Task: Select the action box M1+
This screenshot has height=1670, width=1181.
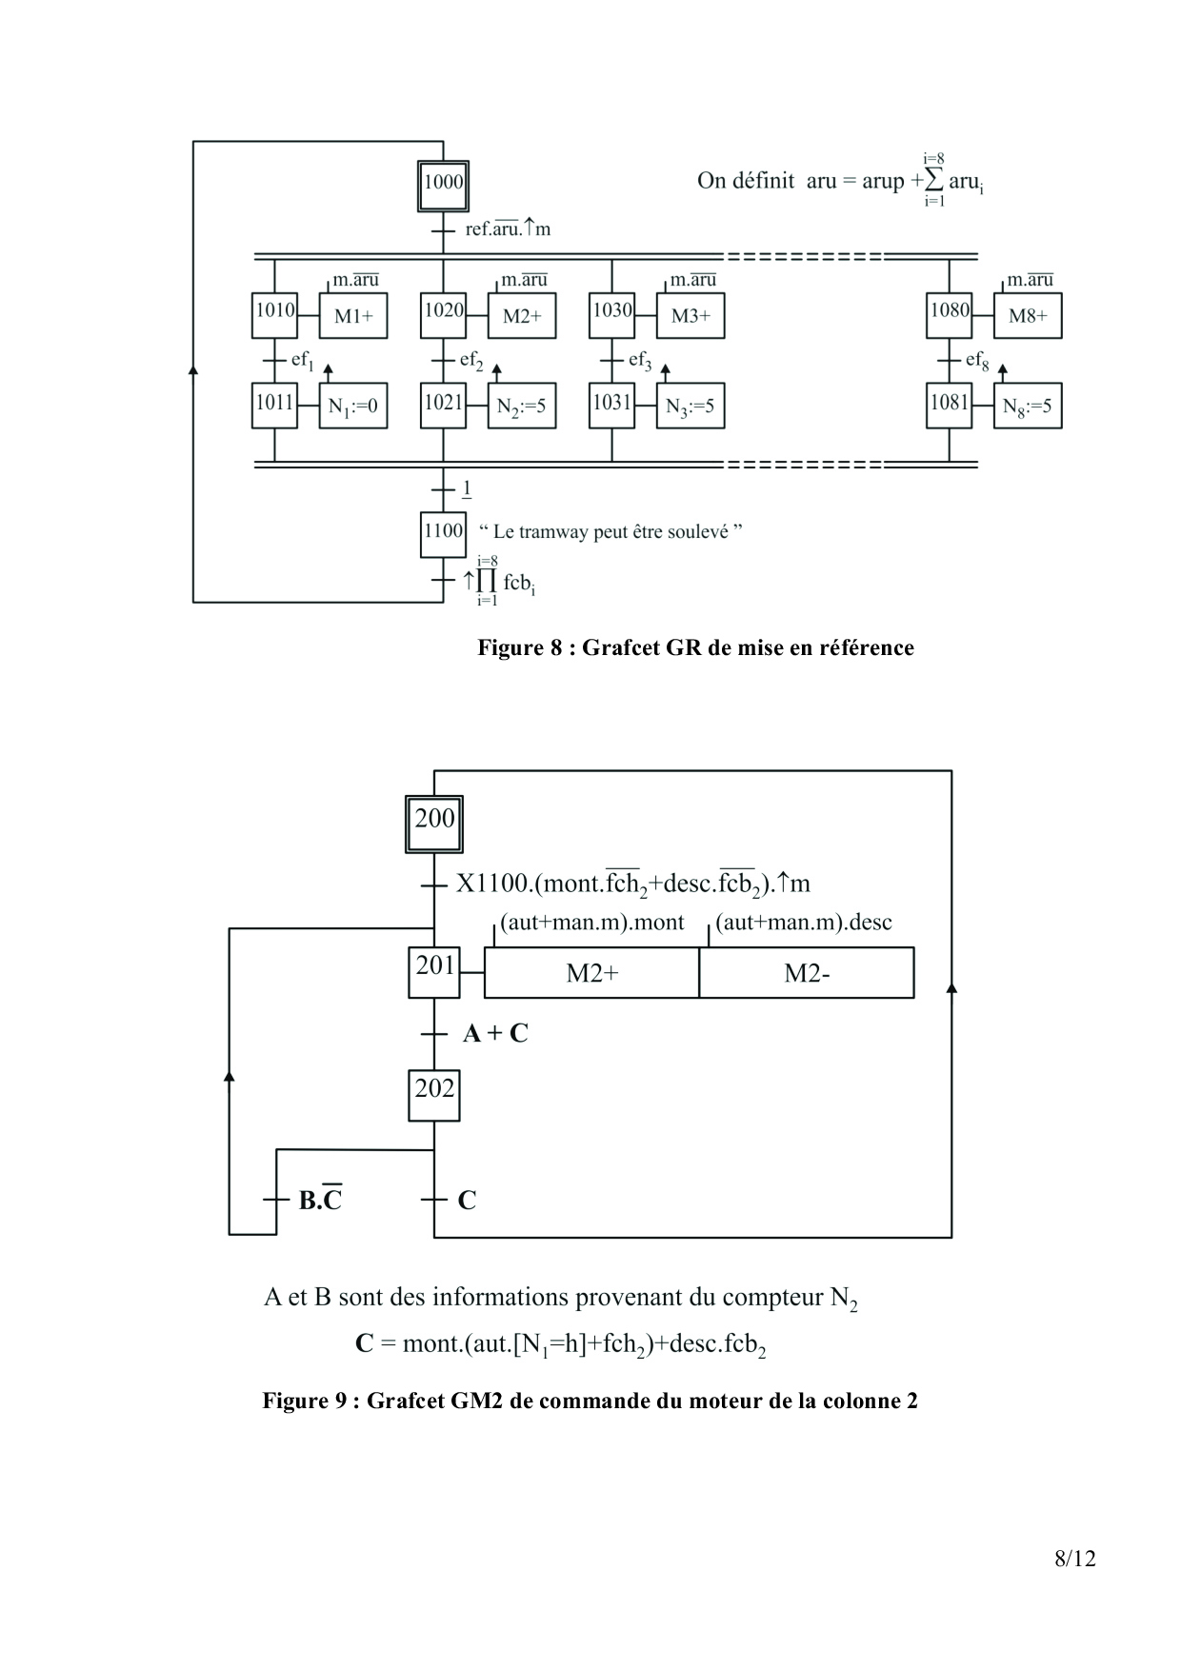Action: [352, 316]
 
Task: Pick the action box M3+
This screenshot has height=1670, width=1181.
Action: [691, 316]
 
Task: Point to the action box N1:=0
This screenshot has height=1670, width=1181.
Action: [352, 407]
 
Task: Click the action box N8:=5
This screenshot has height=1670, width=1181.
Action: [1028, 407]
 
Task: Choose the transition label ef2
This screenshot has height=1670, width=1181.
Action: [471, 361]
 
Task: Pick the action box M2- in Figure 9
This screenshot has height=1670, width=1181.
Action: [807, 973]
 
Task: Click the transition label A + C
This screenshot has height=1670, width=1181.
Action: [495, 1034]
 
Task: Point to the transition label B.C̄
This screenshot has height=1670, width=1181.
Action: [320, 1199]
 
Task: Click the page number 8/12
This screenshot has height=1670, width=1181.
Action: [1075, 1559]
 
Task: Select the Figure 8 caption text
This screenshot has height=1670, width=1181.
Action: [695, 648]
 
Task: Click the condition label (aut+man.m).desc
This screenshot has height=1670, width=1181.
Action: [804, 923]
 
